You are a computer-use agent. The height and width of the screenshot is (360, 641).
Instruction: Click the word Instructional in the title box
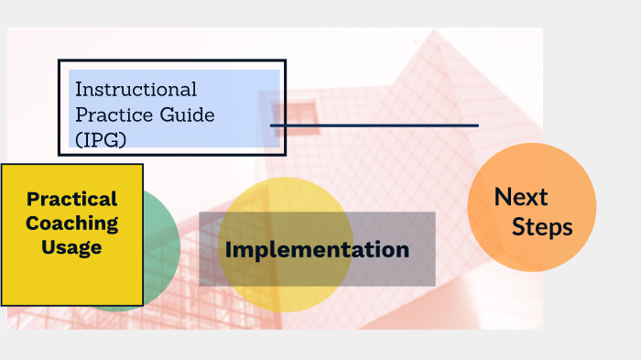pyautogui.click(x=136, y=90)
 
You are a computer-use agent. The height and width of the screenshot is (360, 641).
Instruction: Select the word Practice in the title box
pyautogui.click(x=109, y=115)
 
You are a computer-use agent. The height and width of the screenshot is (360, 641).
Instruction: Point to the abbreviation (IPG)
pyautogui.click(x=101, y=139)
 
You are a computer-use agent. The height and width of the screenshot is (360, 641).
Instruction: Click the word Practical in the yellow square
pyautogui.click(x=72, y=199)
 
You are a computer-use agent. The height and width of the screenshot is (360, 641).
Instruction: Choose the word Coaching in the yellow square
pyautogui.click(x=72, y=223)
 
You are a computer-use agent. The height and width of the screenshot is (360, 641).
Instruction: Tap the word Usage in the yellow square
pyautogui.click(x=71, y=246)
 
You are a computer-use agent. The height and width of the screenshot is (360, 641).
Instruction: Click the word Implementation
pyautogui.click(x=317, y=249)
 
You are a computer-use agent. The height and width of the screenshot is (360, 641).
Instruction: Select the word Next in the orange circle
pyautogui.click(x=521, y=197)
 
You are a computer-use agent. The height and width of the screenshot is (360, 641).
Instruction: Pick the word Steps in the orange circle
pyautogui.click(x=542, y=227)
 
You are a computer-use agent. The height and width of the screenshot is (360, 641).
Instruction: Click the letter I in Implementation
pyautogui.click(x=230, y=249)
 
